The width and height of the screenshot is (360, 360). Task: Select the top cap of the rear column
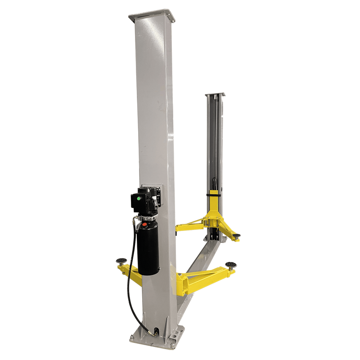[215, 95]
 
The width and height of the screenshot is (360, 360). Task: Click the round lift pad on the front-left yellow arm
[121, 260]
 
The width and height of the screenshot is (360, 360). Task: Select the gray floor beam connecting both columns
[198, 265]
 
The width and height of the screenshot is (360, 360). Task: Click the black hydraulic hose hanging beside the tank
[130, 279]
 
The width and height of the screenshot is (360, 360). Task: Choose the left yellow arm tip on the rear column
[178, 228]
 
